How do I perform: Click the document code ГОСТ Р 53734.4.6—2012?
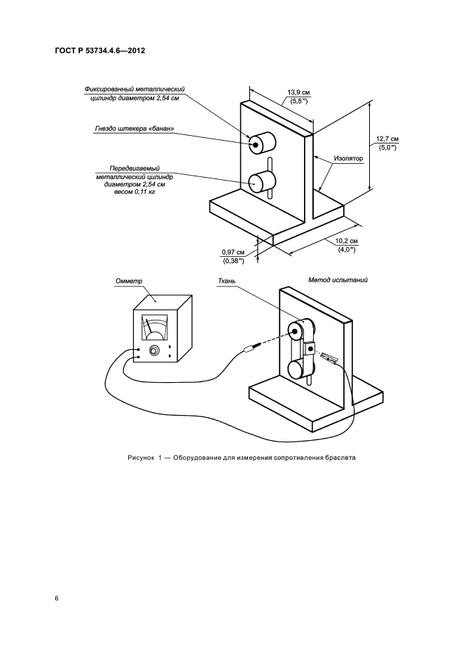coord(101,51)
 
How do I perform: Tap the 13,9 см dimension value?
coord(299,92)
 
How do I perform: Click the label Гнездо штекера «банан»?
coord(132,129)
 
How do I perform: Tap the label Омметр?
coord(128,281)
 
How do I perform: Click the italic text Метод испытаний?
coord(338,279)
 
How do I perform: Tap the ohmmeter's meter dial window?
coord(155,327)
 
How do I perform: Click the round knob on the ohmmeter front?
coord(153,351)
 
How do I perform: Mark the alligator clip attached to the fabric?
coord(329,358)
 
